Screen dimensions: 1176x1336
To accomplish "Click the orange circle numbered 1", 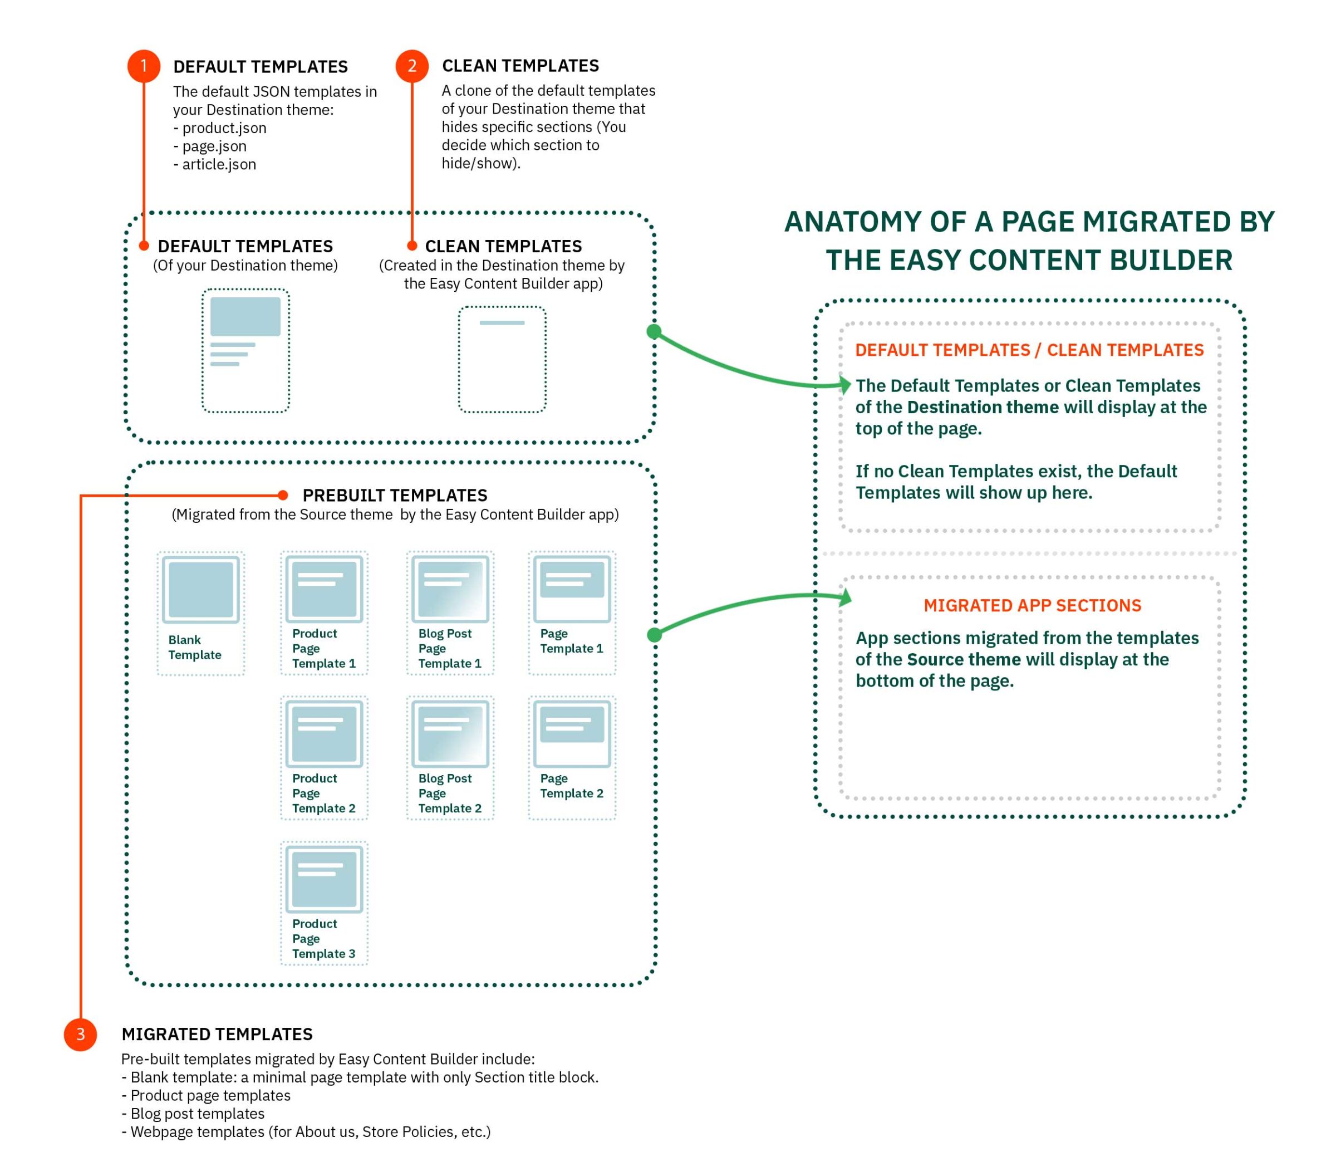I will [144, 66].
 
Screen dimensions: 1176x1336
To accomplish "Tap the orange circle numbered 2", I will [412, 66].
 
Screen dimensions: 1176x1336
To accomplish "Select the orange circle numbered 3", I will [80, 1034].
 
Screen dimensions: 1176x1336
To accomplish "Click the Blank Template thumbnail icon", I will [200, 590].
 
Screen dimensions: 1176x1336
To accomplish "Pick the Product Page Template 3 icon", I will [324, 879].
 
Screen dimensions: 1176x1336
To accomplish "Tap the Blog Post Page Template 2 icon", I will [450, 734].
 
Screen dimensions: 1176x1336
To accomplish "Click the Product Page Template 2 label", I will [323, 793].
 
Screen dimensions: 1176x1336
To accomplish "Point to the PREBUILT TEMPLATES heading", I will [395, 496].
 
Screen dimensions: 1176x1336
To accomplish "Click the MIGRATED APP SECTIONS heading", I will [1032, 605].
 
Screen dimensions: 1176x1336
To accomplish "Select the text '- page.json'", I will [210, 146].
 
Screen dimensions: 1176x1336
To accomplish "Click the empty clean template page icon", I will [502, 360].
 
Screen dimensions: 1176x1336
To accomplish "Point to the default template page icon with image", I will [245, 350].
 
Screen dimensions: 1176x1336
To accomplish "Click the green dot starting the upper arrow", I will [654, 331].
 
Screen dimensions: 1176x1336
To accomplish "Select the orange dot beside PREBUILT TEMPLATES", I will [283, 496].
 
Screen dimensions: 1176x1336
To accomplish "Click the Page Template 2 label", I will [571, 786].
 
